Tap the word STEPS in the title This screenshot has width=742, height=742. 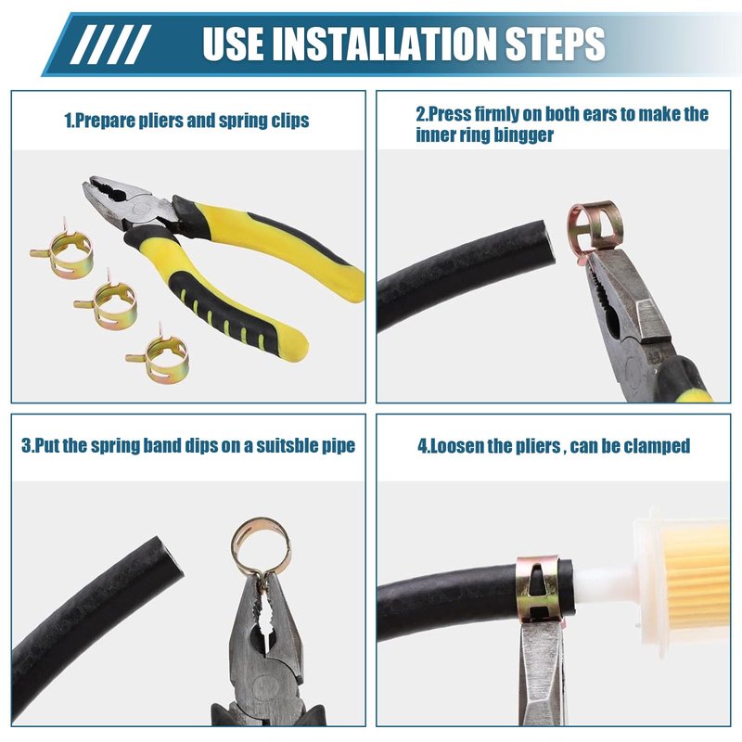pyautogui.click(x=555, y=43)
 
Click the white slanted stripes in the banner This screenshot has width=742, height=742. pyautogui.click(x=110, y=44)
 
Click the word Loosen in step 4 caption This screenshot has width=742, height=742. pyautogui.click(x=454, y=446)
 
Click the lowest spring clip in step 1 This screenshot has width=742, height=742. pyautogui.click(x=158, y=353)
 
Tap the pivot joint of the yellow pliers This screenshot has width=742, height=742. pyautogui.click(x=141, y=207)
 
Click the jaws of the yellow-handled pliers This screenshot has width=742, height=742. pyautogui.click(x=107, y=193)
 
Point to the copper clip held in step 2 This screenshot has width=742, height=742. pyautogui.click(x=595, y=226)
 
